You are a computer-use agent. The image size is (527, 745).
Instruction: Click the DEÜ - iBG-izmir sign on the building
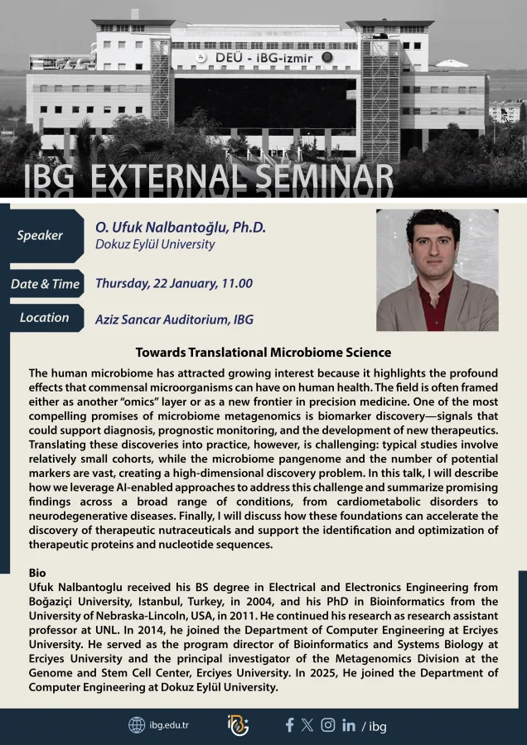pos(264,58)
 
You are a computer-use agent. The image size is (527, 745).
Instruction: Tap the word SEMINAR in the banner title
pos(324,177)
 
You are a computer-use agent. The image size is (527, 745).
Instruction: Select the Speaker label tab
pos(42,236)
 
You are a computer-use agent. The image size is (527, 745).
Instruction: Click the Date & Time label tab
pos(46,284)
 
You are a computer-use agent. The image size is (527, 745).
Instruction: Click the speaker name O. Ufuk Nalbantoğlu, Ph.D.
pos(181,228)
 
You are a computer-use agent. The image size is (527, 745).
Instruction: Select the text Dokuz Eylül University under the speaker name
pos(155,244)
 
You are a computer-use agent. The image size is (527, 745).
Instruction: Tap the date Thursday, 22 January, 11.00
pos(174,284)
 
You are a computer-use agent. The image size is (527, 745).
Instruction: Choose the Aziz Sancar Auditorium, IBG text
pos(174,320)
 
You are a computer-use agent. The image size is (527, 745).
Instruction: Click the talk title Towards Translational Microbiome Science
pos(263,353)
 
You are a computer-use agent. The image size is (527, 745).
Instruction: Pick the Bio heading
pos(37,573)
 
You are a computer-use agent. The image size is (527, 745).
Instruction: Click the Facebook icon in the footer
pos(289,725)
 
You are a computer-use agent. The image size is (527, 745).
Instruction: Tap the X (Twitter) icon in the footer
pos(307,725)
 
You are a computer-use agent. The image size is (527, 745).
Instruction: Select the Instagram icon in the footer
pos(327,724)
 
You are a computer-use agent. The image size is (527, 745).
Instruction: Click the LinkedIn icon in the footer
pos(349,725)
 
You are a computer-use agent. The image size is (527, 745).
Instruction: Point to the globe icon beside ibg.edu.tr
pos(137,725)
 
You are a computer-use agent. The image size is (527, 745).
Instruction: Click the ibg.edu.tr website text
pos(169,725)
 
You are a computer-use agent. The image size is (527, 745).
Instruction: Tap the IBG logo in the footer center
pos(238,725)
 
